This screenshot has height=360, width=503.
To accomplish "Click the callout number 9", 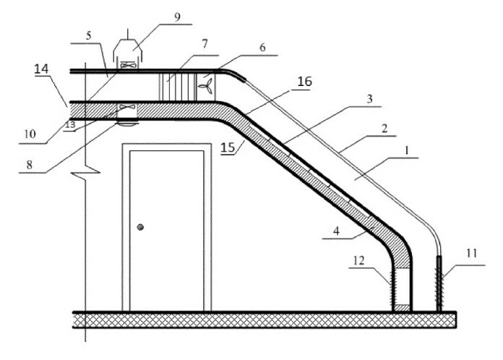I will (x=175, y=14).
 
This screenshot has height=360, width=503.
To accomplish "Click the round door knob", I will (x=141, y=228).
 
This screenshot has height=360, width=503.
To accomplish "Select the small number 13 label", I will (x=70, y=124).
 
